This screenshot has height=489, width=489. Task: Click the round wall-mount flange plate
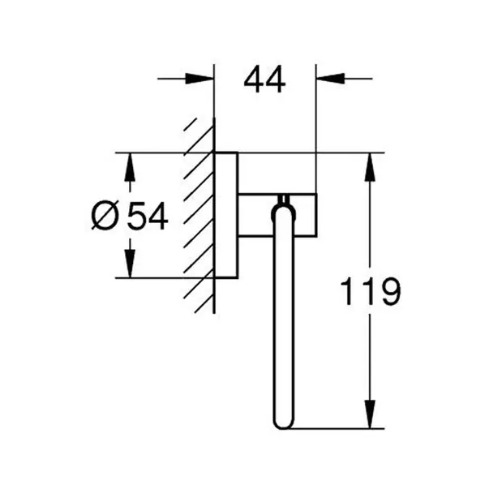tap(226, 215)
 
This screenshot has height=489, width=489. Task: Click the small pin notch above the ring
tap(284, 199)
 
